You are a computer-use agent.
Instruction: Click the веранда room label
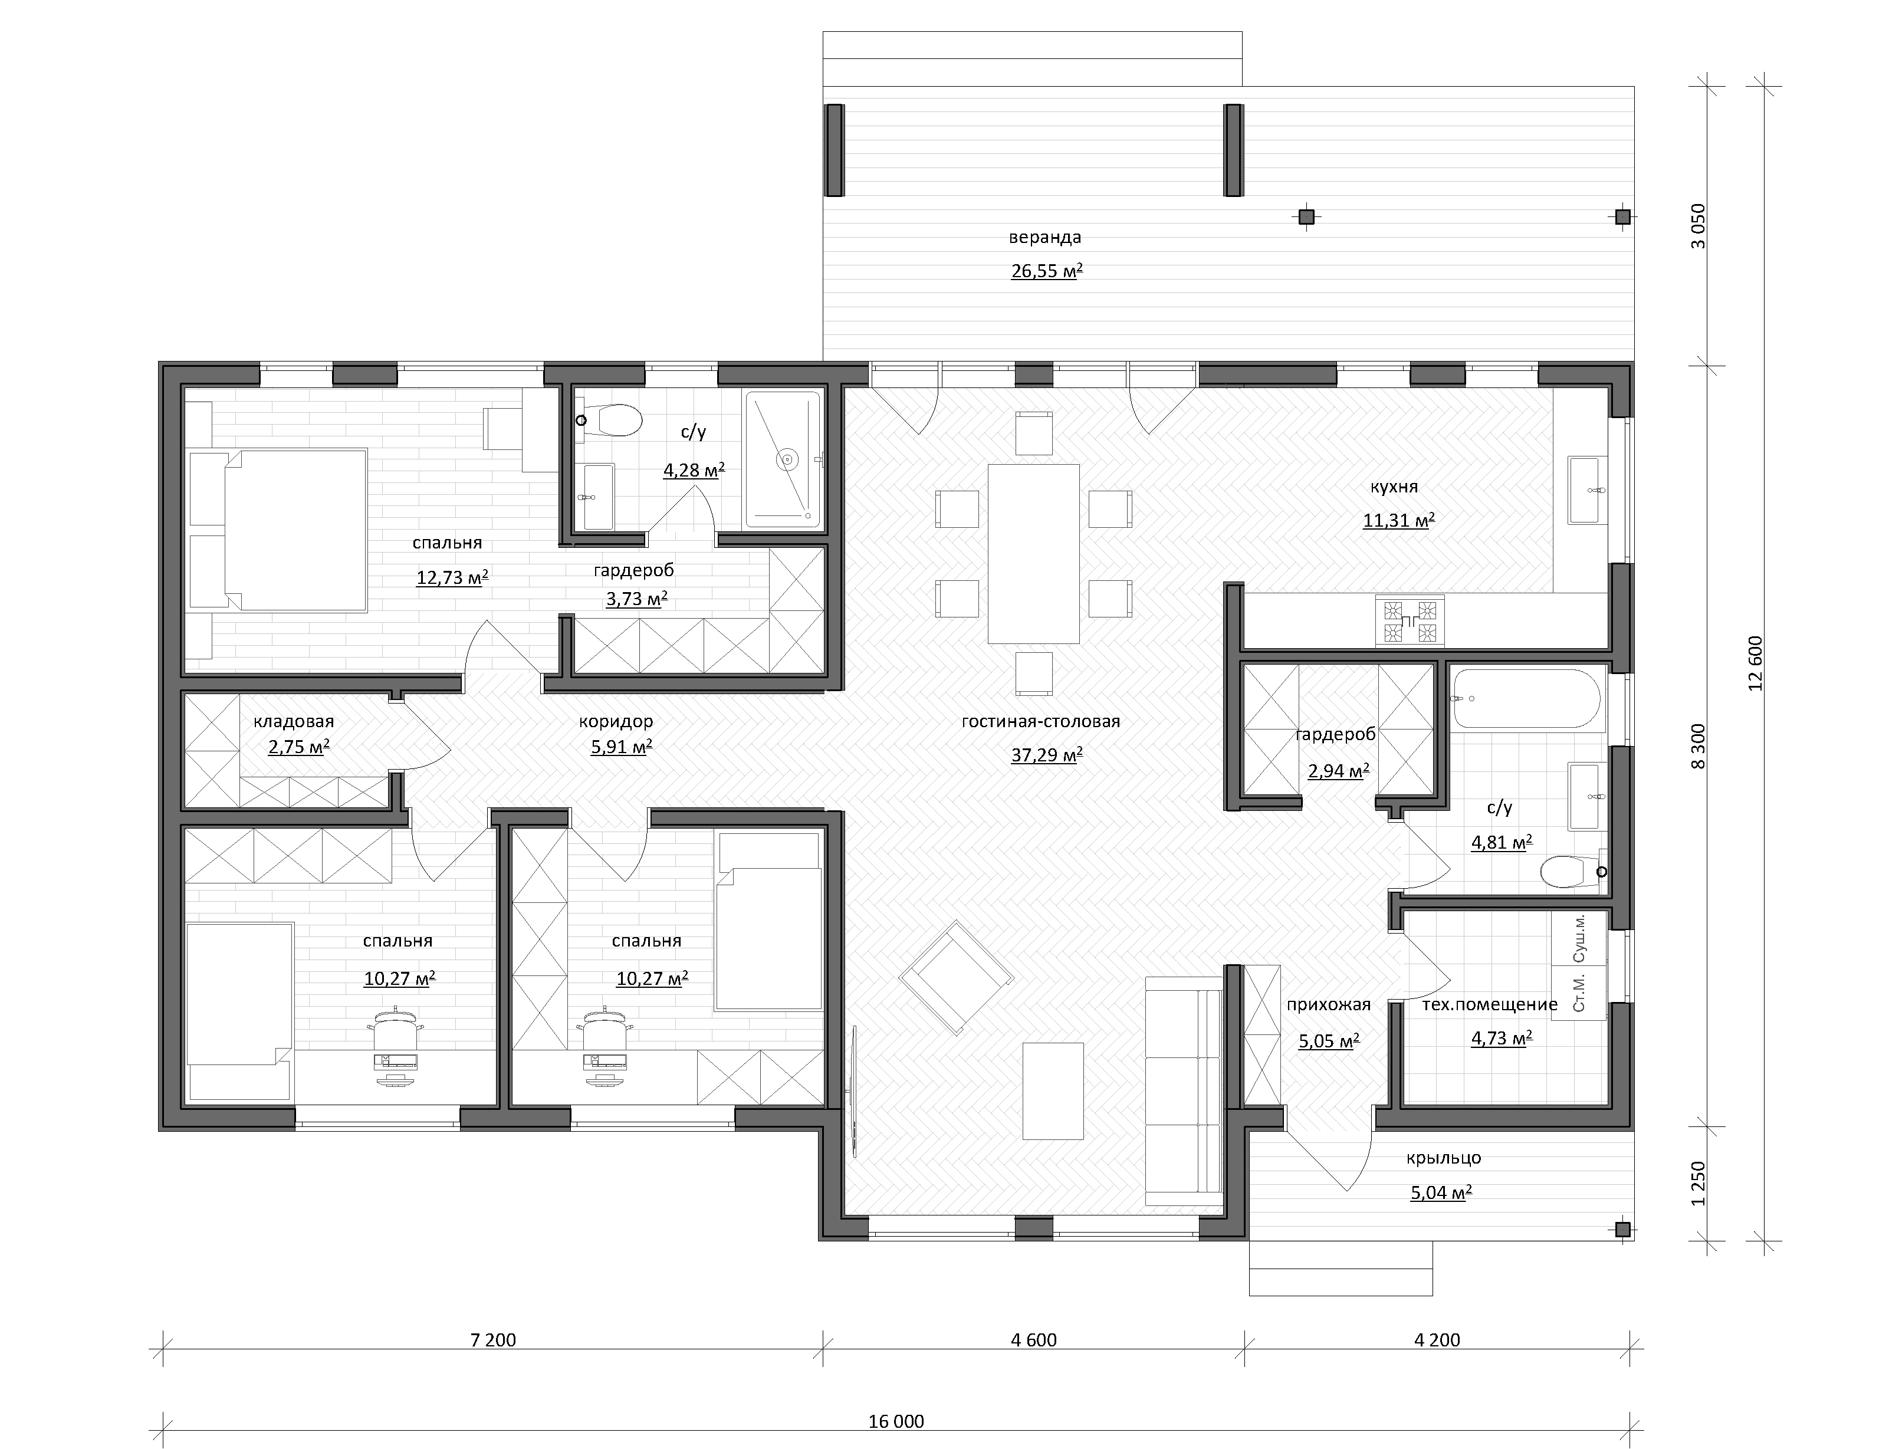[x=1044, y=237]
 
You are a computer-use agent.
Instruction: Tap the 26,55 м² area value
[x=1046, y=271]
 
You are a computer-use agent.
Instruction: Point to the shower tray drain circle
[x=787, y=460]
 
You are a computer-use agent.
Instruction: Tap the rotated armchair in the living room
[x=956, y=977]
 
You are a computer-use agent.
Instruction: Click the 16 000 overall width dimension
[x=895, y=1421]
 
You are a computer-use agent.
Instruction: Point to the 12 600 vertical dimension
[x=1756, y=662]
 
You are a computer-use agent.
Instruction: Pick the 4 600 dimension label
[x=1033, y=1339]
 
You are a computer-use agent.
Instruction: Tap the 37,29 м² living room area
[x=1046, y=755]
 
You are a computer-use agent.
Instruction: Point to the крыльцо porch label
[x=1443, y=1158]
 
